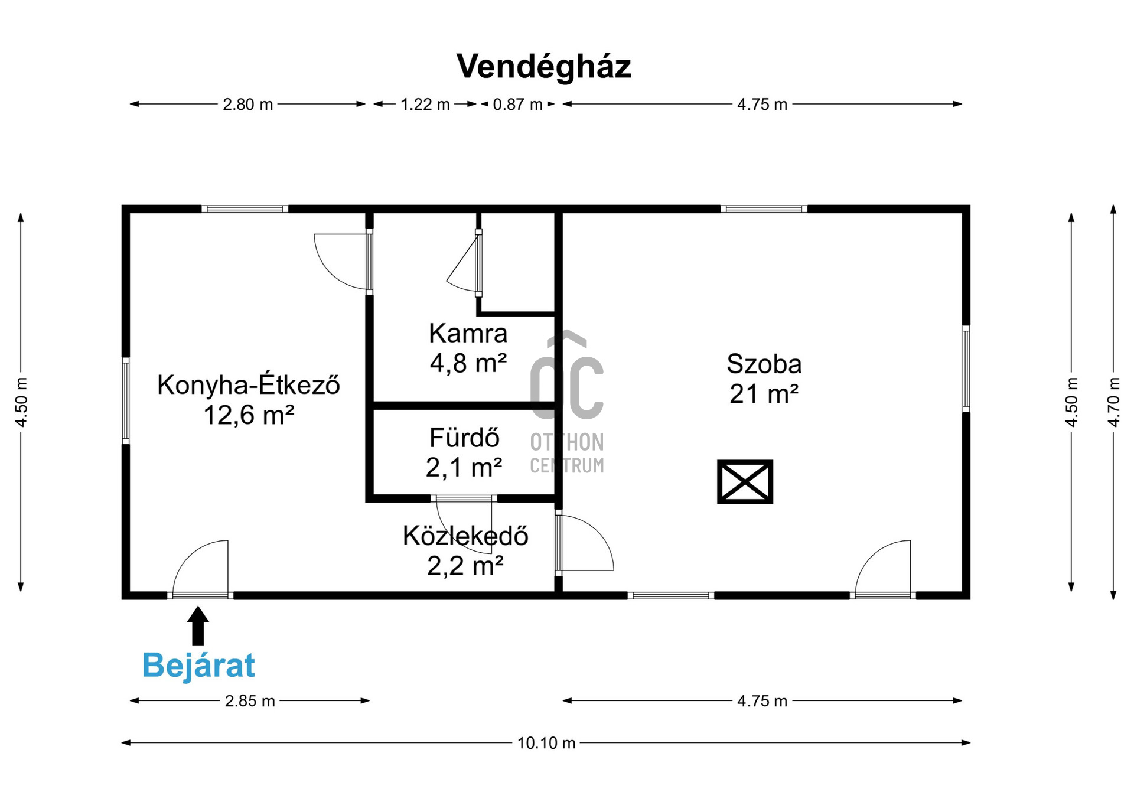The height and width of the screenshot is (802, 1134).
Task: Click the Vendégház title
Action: coord(543,67)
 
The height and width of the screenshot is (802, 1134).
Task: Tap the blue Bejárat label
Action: coord(198,666)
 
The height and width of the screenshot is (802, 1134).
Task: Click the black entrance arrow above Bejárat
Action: coord(198,625)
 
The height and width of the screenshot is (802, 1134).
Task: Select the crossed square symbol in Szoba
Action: coord(745,482)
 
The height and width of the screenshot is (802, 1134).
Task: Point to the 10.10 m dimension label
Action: coord(546,742)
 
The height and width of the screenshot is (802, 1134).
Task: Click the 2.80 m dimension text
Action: coord(247,105)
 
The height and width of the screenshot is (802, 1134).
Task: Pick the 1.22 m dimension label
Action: coord(425,105)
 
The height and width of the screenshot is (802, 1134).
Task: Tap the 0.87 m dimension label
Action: coord(517,105)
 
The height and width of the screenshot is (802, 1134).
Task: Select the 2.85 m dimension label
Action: coord(250,701)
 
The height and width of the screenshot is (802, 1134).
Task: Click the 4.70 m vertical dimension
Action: coord(1113,402)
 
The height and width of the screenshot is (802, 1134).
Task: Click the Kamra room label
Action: coord(468,334)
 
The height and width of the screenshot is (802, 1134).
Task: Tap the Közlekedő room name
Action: coord(465,536)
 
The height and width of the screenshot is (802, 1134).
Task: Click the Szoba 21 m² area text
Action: coord(764,379)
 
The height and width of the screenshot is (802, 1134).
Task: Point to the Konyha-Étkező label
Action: coord(249,385)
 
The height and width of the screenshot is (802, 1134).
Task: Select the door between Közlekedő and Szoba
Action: coord(584,543)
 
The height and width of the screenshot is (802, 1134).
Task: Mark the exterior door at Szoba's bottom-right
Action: coord(883,568)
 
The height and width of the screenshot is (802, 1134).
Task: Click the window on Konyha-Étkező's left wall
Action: coord(126,400)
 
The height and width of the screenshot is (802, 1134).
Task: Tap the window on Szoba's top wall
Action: coord(764,209)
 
